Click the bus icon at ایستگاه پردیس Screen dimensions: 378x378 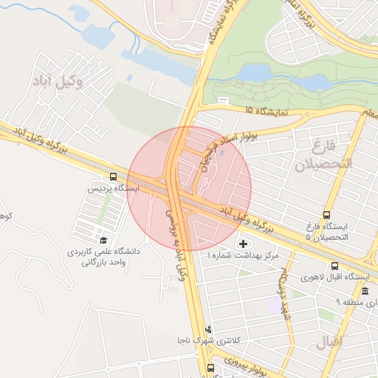pyautogui.click(x=113, y=177)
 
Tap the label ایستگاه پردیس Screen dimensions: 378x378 pyautogui.click(x=112, y=189)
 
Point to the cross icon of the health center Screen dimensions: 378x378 pyautogui.click(x=244, y=244)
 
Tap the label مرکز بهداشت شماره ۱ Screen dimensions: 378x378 pyautogui.click(x=243, y=255)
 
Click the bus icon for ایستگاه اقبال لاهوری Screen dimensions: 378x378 pyautogui.click(x=335, y=266)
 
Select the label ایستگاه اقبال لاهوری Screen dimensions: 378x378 pyautogui.click(x=335, y=277)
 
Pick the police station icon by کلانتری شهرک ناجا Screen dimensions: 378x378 pyautogui.click(x=209, y=329)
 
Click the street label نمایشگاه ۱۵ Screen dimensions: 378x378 pyautogui.click(x=265, y=111)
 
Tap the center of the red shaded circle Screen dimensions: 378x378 pyautogui.click(x=189, y=189)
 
